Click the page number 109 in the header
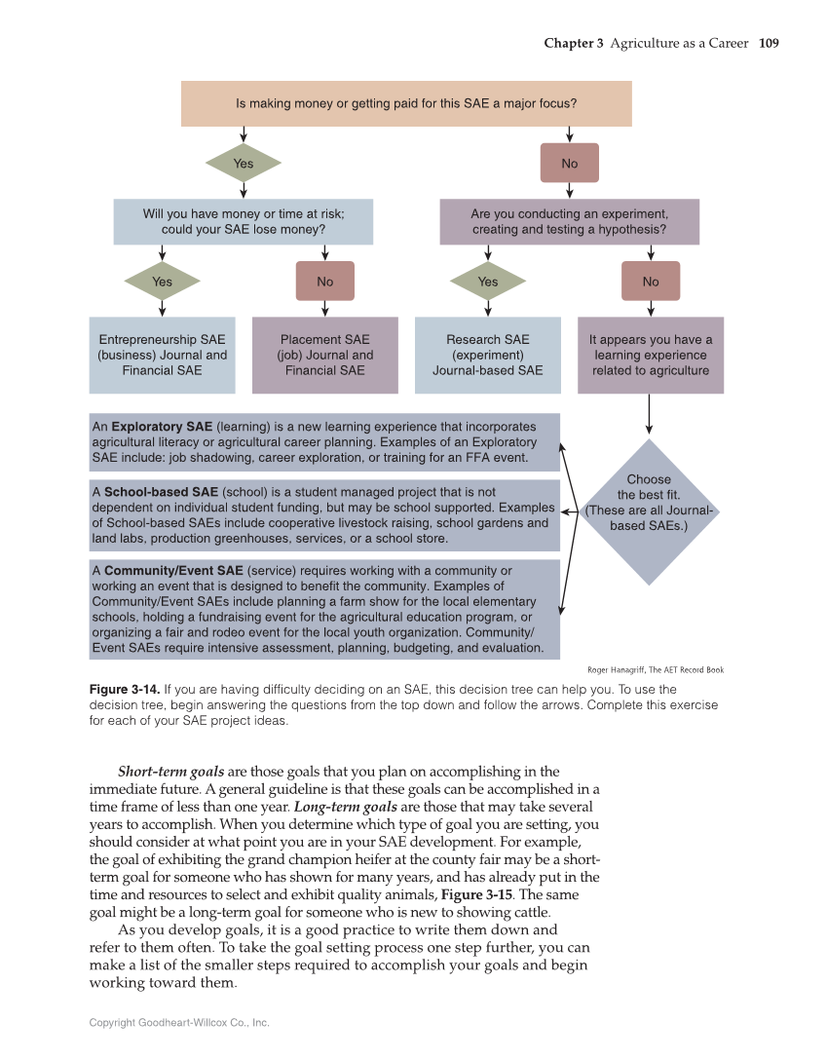[x=768, y=43]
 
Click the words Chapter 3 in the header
[x=574, y=43]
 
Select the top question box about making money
[x=406, y=103]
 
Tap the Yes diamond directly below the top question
[x=243, y=164]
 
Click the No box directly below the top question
[x=569, y=164]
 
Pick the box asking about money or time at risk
[x=243, y=222]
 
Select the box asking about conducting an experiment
[x=569, y=222]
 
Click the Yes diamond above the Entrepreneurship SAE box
[x=162, y=282]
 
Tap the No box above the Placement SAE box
[x=324, y=282]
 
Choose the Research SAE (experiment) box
[x=487, y=355]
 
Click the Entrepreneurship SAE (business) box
[x=162, y=355]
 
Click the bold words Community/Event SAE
[x=173, y=570]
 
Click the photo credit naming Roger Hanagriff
[x=655, y=669]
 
